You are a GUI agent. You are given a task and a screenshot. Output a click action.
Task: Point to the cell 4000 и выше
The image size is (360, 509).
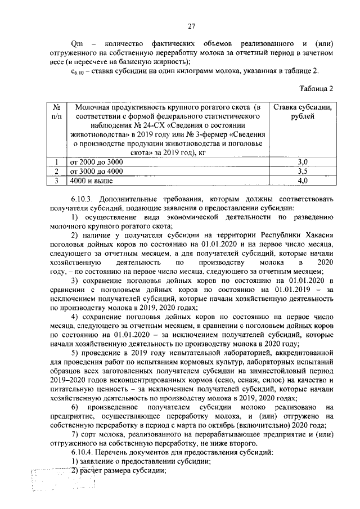coord(90,181)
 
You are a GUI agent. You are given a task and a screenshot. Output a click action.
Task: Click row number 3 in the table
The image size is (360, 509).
coord(56,181)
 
